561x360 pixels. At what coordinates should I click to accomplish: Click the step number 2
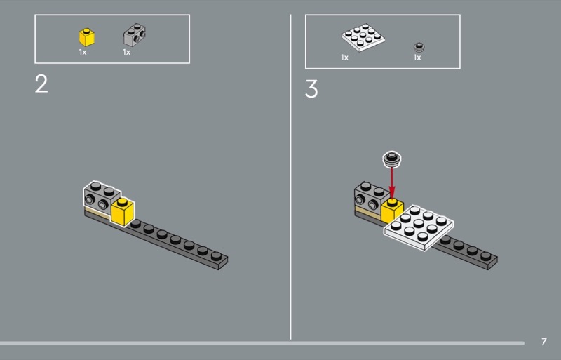41,84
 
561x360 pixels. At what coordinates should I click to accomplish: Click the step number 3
311,89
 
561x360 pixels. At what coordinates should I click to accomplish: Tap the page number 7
544,342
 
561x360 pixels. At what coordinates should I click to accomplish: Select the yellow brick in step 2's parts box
86,37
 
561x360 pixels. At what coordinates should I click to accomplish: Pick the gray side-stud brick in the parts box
135,34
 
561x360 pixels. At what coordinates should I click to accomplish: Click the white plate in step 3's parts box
363,37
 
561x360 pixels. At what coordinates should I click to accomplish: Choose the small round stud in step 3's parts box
419,46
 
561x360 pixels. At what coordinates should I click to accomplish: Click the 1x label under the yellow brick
83,53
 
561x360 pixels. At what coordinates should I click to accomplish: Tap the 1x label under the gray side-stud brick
127,53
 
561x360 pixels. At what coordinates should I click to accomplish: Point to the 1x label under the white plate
344,58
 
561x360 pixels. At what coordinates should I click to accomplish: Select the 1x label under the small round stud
417,58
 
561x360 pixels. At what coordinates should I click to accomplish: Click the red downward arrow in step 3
392,182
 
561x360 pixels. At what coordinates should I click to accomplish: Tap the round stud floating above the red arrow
392,159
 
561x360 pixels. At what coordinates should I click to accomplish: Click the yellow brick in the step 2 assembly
122,212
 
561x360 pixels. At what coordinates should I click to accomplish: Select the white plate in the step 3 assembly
419,228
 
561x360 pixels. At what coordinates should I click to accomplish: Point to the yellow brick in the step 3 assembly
391,211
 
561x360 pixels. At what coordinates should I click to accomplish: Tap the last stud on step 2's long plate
216,256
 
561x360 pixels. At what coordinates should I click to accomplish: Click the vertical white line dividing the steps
290,177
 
